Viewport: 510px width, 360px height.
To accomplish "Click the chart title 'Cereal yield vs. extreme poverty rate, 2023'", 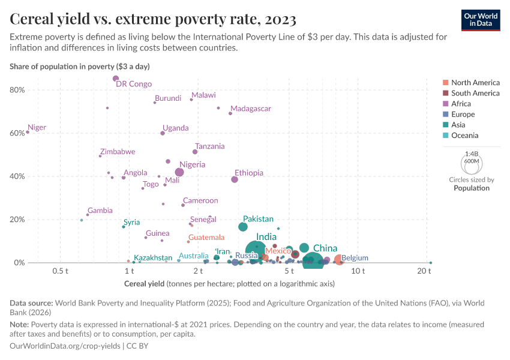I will [x=153, y=20].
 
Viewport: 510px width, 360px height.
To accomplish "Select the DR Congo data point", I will [x=116, y=79].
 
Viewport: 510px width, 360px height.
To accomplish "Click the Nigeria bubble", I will [x=179, y=172].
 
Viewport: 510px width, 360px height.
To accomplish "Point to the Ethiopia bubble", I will [x=235, y=179].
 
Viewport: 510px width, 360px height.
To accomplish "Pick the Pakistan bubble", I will [x=243, y=227].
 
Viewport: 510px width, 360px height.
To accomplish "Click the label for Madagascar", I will [x=251, y=109].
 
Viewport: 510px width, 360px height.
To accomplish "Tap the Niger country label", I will [x=37, y=127].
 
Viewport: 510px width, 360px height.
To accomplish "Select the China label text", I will [x=325, y=248].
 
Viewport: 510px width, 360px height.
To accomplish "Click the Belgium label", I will [x=355, y=258].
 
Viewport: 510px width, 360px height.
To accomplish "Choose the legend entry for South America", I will [x=475, y=93].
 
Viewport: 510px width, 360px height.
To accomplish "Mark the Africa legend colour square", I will [x=445, y=104].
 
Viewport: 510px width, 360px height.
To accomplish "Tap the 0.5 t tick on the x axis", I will [x=61, y=271].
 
